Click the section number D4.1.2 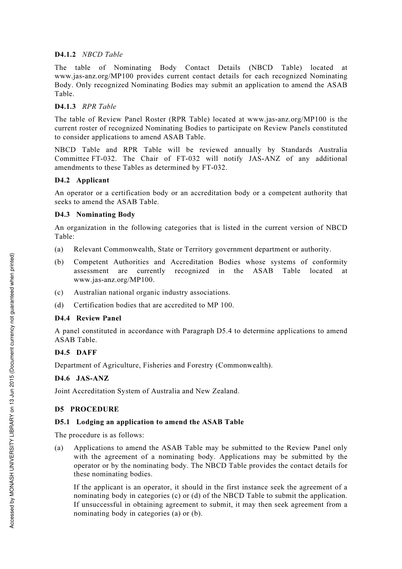point(65,55)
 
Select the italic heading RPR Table point(99,107)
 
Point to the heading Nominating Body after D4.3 point(105,215)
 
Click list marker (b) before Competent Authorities point(59,262)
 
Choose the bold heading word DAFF point(86,353)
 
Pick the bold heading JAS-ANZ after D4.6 point(92,378)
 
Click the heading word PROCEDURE point(94,409)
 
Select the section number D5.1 point(63,422)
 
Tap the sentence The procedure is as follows point(99,435)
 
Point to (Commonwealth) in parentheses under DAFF point(244,365)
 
